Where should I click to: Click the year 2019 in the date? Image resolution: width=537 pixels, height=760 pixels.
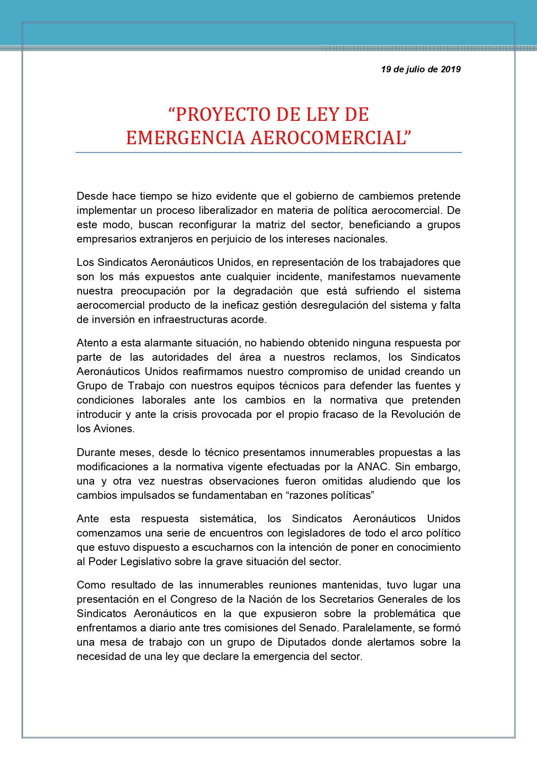[x=450, y=69]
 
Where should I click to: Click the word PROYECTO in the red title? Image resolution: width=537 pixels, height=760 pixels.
[x=223, y=115]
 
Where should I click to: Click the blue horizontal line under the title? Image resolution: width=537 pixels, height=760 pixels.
[x=268, y=152]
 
